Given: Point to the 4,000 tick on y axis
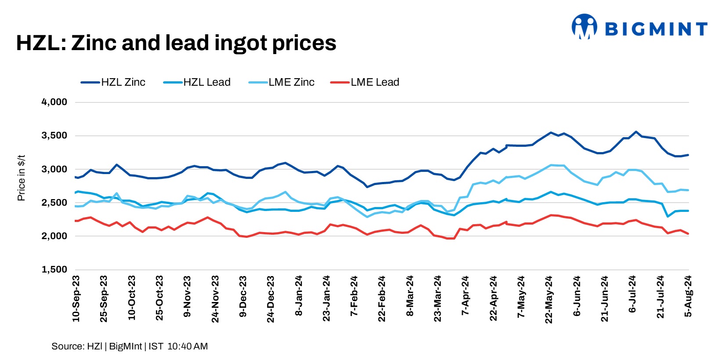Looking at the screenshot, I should [54, 102].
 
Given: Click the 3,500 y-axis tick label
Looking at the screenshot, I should [54, 135].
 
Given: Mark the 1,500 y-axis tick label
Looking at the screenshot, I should [54, 269].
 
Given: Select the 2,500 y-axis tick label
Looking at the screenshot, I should [54, 203].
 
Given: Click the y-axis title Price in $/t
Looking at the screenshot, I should [21, 178].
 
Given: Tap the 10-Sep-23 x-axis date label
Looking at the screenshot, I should [76, 298].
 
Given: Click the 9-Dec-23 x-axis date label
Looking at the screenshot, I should [243, 297].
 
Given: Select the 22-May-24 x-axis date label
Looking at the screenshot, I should [549, 299].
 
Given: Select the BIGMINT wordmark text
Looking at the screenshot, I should [656, 29].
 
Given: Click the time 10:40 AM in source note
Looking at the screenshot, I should [188, 346].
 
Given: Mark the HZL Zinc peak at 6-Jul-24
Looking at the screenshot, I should [635, 131].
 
